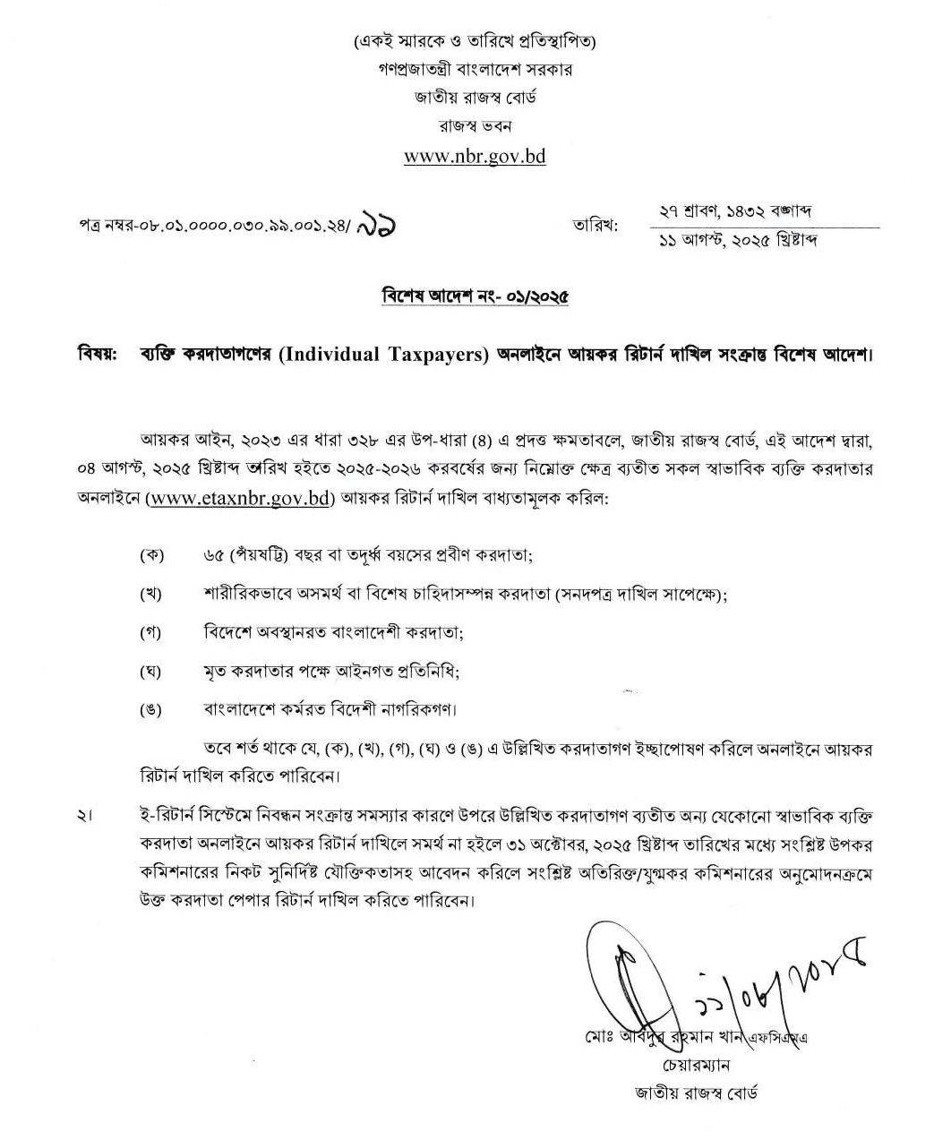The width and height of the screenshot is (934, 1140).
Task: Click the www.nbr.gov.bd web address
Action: point(475,157)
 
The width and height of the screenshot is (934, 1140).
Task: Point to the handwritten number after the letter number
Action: point(376,223)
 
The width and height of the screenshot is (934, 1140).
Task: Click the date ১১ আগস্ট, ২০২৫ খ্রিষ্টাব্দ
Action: point(737,241)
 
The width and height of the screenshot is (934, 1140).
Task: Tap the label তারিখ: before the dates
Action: point(596,225)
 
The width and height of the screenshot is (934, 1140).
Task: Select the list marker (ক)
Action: point(151,555)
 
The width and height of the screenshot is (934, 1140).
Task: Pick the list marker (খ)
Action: point(151,594)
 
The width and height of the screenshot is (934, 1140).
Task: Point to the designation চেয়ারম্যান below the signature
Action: point(697,1066)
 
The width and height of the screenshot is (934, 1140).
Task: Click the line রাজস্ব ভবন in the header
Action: point(475,125)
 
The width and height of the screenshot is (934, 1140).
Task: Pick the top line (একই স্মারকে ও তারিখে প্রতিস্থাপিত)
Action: point(475,41)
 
